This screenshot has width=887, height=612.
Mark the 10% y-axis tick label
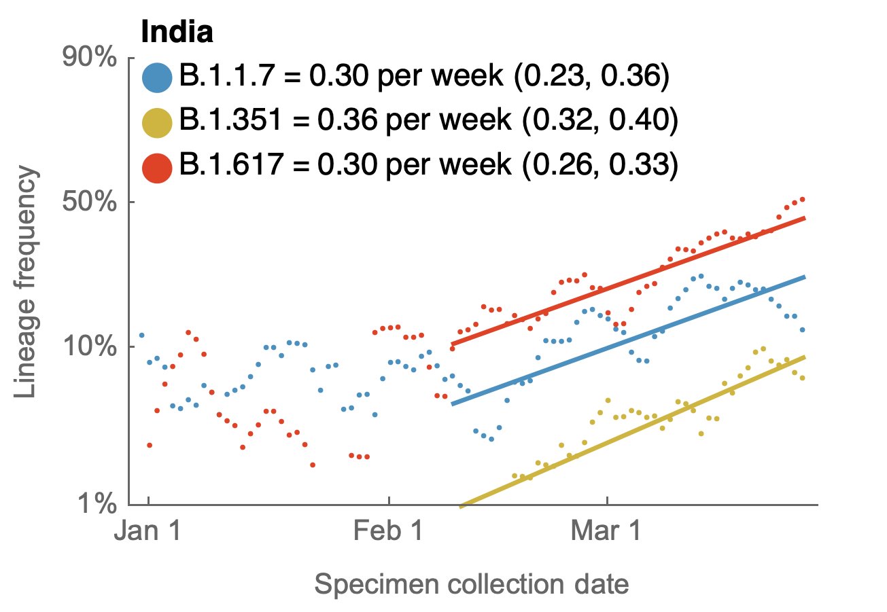91,347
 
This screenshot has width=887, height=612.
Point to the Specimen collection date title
472,583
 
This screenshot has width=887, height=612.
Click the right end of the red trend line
805,218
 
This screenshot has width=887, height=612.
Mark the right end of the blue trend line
805,277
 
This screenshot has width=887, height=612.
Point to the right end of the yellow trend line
805,357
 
